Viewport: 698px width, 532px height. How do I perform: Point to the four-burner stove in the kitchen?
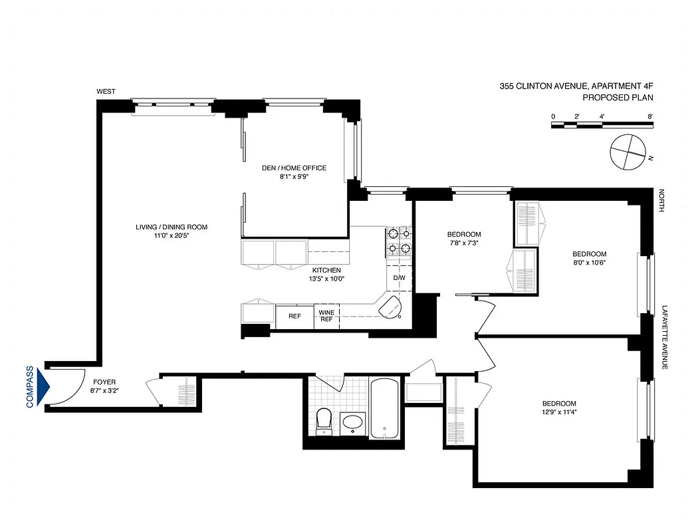pos(399,241)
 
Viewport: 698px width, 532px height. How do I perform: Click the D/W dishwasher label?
pos(399,278)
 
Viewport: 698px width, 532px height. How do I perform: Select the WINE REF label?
pos(326,315)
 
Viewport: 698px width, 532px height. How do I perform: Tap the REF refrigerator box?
pos(294,316)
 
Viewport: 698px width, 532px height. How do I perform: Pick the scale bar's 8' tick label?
pos(649,116)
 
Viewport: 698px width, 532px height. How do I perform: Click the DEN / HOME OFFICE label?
pos(294,168)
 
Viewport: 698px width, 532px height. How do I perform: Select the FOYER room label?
pos(104,382)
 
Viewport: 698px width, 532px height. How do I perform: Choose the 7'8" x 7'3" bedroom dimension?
pos(464,243)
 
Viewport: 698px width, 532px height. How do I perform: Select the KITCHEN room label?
pos(326,270)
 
